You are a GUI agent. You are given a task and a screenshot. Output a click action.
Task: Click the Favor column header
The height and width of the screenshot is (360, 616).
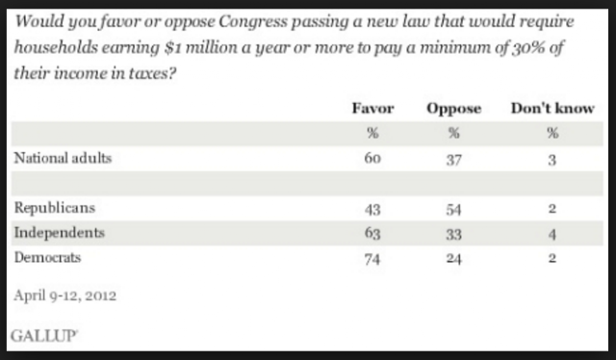pyautogui.click(x=372, y=108)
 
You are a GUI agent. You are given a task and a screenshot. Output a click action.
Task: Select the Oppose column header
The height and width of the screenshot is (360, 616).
pyautogui.click(x=453, y=109)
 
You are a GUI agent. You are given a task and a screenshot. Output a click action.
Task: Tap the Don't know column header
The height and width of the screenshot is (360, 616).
pyautogui.click(x=552, y=108)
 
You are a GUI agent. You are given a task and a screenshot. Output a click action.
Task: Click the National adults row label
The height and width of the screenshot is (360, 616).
pyautogui.click(x=63, y=158)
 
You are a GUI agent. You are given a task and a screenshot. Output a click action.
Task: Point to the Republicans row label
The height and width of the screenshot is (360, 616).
pyautogui.click(x=55, y=208)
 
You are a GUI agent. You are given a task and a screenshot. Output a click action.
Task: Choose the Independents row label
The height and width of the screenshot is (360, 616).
pyautogui.click(x=60, y=233)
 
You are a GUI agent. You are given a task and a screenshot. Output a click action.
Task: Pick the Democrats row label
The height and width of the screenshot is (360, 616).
pyautogui.click(x=47, y=257)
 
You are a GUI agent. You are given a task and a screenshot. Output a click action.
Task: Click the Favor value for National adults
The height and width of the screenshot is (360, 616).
pyautogui.click(x=372, y=159)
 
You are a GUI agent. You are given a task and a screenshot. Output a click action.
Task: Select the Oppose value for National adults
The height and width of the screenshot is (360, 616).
pyautogui.click(x=453, y=160)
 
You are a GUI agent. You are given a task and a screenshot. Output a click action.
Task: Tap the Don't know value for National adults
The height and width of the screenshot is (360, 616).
pyautogui.click(x=552, y=160)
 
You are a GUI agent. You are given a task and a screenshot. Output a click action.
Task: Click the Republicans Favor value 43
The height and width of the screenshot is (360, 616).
pyautogui.click(x=372, y=210)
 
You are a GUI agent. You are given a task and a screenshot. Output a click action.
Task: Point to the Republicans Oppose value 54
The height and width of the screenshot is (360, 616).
pyautogui.click(x=453, y=210)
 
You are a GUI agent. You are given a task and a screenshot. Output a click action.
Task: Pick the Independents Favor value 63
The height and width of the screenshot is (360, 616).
pyautogui.click(x=372, y=234)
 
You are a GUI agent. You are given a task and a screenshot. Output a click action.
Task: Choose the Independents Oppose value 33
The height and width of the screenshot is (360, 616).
pyautogui.click(x=453, y=234)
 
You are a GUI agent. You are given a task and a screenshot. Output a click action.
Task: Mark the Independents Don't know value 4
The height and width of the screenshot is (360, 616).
pyautogui.click(x=552, y=234)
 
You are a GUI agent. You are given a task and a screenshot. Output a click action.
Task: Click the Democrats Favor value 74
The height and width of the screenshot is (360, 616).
pyautogui.click(x=372, y=259)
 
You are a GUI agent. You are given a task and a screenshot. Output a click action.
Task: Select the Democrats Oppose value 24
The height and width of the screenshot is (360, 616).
pyautogui.click(x=453, y=259)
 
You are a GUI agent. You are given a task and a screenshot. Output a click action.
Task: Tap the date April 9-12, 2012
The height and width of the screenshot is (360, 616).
pyautogui.click(x=65, y=296)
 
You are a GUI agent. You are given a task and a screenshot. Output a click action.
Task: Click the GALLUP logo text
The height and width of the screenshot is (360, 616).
pyautogui.click(x=44, y=336)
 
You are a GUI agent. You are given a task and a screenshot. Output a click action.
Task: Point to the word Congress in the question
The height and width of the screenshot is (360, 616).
pyautogui.click(x=253, y=21)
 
